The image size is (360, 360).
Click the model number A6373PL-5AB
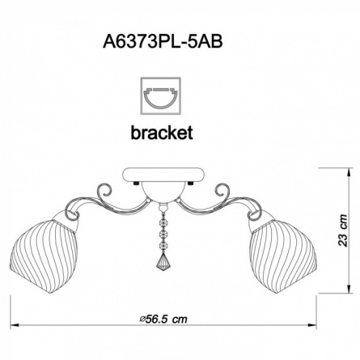(x=163, y=42)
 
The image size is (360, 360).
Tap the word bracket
(x=162, y=133)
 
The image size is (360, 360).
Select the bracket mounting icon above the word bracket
(x=160, y=96)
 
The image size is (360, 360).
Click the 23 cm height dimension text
(x=343, y=231)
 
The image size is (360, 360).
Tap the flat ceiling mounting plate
(x=163, y=175)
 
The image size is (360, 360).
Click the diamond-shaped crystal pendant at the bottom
(x=163, y=260)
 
